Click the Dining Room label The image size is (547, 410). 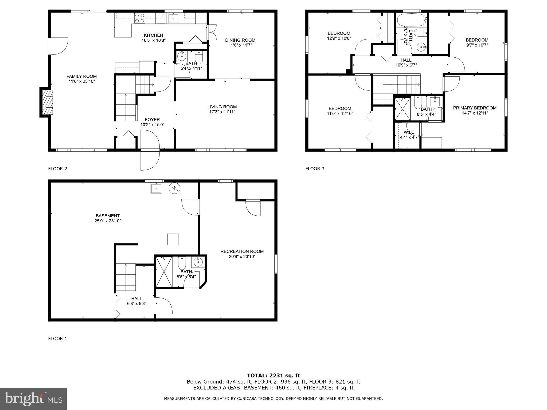pyautogui.click(x=240, y=40)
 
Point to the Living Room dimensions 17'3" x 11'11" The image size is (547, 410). pyautogui.click(x=222, y=112)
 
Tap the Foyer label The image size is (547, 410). pyautogui.click(x=152, y=120)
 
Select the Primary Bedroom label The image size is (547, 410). pyautogui.click(x=475, y=108)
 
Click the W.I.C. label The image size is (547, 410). pyautogui.click(x=409, y=132)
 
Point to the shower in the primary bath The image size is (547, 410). pyautogui.click(x=403, y=109)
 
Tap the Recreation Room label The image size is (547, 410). pyautogui.click(x=242, y=251)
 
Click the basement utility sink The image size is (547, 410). pyautogui.click(x=156, y=188)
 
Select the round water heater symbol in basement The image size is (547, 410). pyautogui.click(x=174, y=188)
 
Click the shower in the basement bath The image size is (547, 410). pyautogui.click(x=164, y=271)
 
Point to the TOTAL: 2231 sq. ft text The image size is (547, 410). pyautogui.click(x=273, y=376)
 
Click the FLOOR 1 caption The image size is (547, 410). pyautogui.click(x=57, y=339)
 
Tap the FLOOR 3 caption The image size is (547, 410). pyautogui.click(x=315, y=169)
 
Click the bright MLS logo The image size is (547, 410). pyautogui.click(x=33, y=399)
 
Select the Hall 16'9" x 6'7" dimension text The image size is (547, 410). pyautogui.click(x=406, y=65)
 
